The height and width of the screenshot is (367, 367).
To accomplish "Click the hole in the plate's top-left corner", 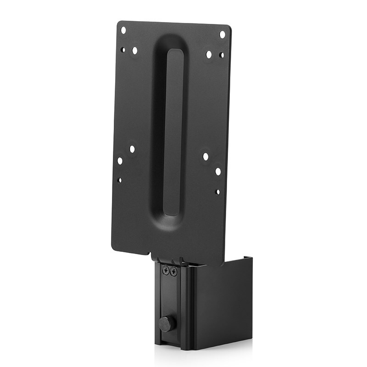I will click(123, 30).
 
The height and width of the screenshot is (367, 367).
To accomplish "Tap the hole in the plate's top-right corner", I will click(222, 34).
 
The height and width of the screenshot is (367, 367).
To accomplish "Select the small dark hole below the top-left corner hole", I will click(123, 49).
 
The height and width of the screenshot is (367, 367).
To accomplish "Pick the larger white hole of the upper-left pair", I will click(135, 51).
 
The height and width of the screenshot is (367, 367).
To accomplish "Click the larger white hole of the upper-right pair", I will click(209, 54).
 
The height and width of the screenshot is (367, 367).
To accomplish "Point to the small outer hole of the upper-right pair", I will click(221, 55).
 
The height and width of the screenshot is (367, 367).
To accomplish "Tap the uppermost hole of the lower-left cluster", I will click(132, 149).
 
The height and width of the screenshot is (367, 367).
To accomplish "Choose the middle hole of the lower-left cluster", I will click(120, 161).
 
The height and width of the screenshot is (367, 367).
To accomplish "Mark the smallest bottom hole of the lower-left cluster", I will click(119, 180).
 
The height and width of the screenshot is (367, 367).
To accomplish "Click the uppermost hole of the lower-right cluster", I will click(206, 156).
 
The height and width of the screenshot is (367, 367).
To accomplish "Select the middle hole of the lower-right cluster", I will click(218, 172).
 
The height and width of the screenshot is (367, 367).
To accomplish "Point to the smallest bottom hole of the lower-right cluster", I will click(217, 191).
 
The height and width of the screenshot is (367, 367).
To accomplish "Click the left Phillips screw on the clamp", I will click(166, 272).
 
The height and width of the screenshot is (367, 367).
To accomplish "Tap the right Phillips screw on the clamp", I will click(173, 272).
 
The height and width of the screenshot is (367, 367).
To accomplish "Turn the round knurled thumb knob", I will click(167, 323).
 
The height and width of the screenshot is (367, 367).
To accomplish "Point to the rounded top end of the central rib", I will click(174, 51).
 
